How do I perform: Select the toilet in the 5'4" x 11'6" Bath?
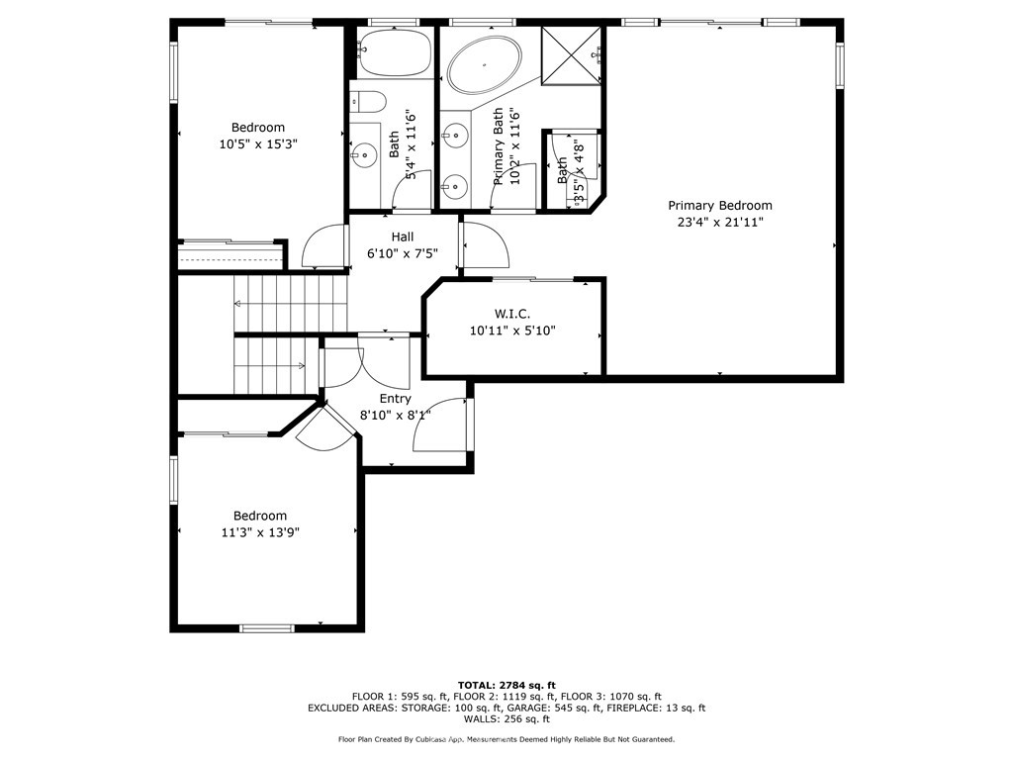368,101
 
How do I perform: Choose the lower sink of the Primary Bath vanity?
454,185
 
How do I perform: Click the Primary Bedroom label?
719,206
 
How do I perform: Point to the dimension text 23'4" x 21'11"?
719,222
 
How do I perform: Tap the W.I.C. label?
512,314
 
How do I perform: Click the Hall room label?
403,237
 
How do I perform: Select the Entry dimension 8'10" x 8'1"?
395,415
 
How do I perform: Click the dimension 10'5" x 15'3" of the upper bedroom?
258,143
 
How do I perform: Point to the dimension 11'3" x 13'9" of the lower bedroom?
260,531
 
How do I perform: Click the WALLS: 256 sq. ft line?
506,719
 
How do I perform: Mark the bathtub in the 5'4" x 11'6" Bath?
394,53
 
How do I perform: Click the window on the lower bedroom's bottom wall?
267,627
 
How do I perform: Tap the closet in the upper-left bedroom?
230,256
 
